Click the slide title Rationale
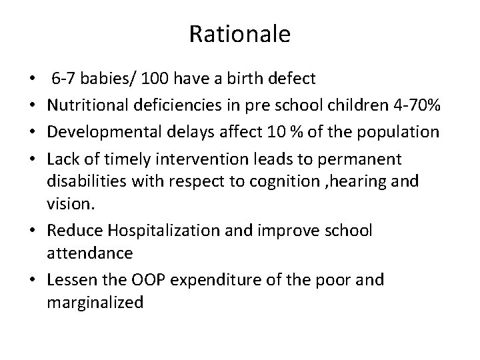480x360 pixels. click(240, 34)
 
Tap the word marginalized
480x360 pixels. click(95, 302)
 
